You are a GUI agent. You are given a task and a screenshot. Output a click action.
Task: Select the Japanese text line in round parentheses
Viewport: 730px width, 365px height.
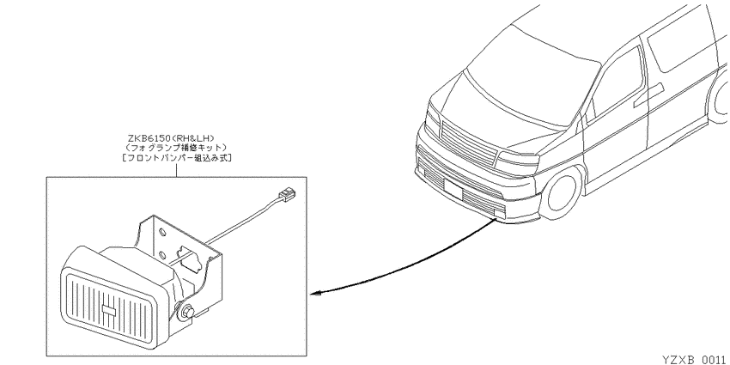click(176, 148)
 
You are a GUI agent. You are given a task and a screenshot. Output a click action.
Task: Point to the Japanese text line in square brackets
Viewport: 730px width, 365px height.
click(176, 158)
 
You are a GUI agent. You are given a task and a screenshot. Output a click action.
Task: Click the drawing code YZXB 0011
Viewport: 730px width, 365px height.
click(696, 359)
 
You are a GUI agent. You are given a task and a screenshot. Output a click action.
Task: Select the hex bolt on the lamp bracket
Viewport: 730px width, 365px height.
click(187, 312)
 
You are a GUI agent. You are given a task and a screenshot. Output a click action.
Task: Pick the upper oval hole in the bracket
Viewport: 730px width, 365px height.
click(161, 231)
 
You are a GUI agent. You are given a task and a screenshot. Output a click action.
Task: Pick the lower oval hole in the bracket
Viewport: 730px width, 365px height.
click(161, 255)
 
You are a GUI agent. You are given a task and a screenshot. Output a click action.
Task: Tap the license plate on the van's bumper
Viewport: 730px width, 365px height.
click(453, 189)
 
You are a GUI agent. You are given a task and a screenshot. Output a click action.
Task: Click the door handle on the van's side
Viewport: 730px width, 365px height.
click(648, 92)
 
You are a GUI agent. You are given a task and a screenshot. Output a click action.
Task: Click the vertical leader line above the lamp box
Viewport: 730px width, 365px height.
click(176, 169)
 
